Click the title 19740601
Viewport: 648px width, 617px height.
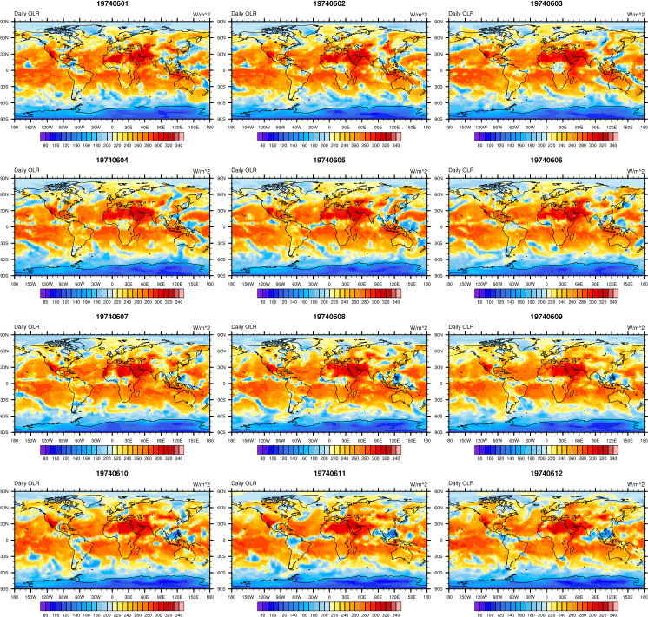(x=111, y=4)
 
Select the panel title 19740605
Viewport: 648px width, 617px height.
(x=328, y=161)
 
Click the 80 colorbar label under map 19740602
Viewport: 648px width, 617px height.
(x=262, y=144)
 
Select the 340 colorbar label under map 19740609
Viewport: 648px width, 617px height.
(x=613, y=456)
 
